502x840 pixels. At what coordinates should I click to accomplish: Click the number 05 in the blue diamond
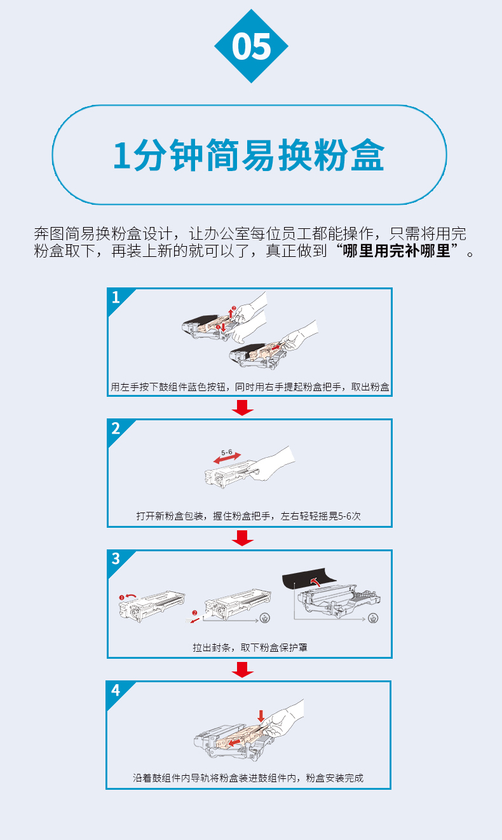coord(251,46)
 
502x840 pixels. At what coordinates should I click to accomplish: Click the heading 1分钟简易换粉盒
coord(248,155)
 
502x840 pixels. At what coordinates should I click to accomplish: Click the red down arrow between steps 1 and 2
coord(243,408)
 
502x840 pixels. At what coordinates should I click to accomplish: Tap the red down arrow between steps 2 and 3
coord(243,538)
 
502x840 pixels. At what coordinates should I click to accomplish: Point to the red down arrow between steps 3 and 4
coord(243,670)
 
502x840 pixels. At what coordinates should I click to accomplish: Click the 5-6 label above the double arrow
coord(227,452)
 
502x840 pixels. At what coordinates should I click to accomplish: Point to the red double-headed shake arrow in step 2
coord(227,458)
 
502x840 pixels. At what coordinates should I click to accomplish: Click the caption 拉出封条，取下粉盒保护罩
coord(250,647)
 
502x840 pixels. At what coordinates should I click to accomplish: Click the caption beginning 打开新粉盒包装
coord(248,516)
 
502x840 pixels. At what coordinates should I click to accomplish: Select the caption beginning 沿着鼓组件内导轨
coord(248,778)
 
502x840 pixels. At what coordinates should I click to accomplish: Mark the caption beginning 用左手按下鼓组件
coord(250,387)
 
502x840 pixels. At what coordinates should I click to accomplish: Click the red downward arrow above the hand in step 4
coord(261,715)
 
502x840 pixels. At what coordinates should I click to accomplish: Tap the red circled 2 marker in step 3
coord(194,613)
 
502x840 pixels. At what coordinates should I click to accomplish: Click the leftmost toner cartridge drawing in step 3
coord(152,606)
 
